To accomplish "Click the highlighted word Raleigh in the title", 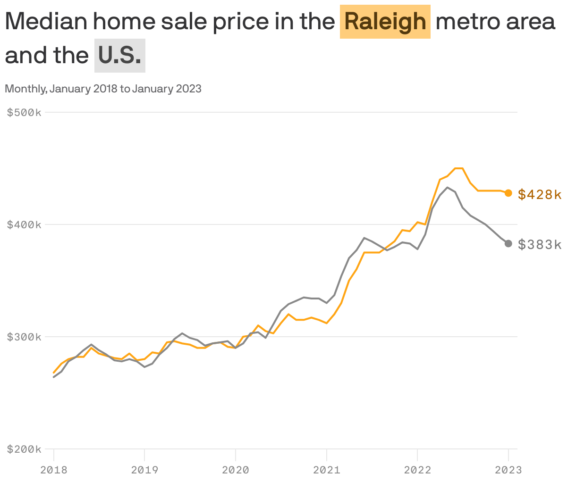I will pos(385,22).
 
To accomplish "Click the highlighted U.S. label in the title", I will pos(120,56).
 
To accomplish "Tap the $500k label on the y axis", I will pos(25,112).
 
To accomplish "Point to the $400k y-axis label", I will pos(25,224).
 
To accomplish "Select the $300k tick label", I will pos(25,337).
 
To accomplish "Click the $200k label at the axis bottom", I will pos(25,449).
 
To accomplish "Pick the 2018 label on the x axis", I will pos(54,470).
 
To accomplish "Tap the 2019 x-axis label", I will pos(144,470).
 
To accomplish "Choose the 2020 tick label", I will pos(236,470).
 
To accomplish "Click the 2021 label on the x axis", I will pos(327,470).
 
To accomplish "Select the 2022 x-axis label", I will pos(417,470).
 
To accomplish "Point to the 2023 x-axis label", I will pos(508,470).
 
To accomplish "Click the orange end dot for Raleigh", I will pos(508,193).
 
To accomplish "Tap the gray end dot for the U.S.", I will pos(508,243).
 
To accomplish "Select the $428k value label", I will pos(540,194).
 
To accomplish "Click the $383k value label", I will pos(540,244).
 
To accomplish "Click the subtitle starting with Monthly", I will pos(103,89).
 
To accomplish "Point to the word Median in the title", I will pos(46,22).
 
